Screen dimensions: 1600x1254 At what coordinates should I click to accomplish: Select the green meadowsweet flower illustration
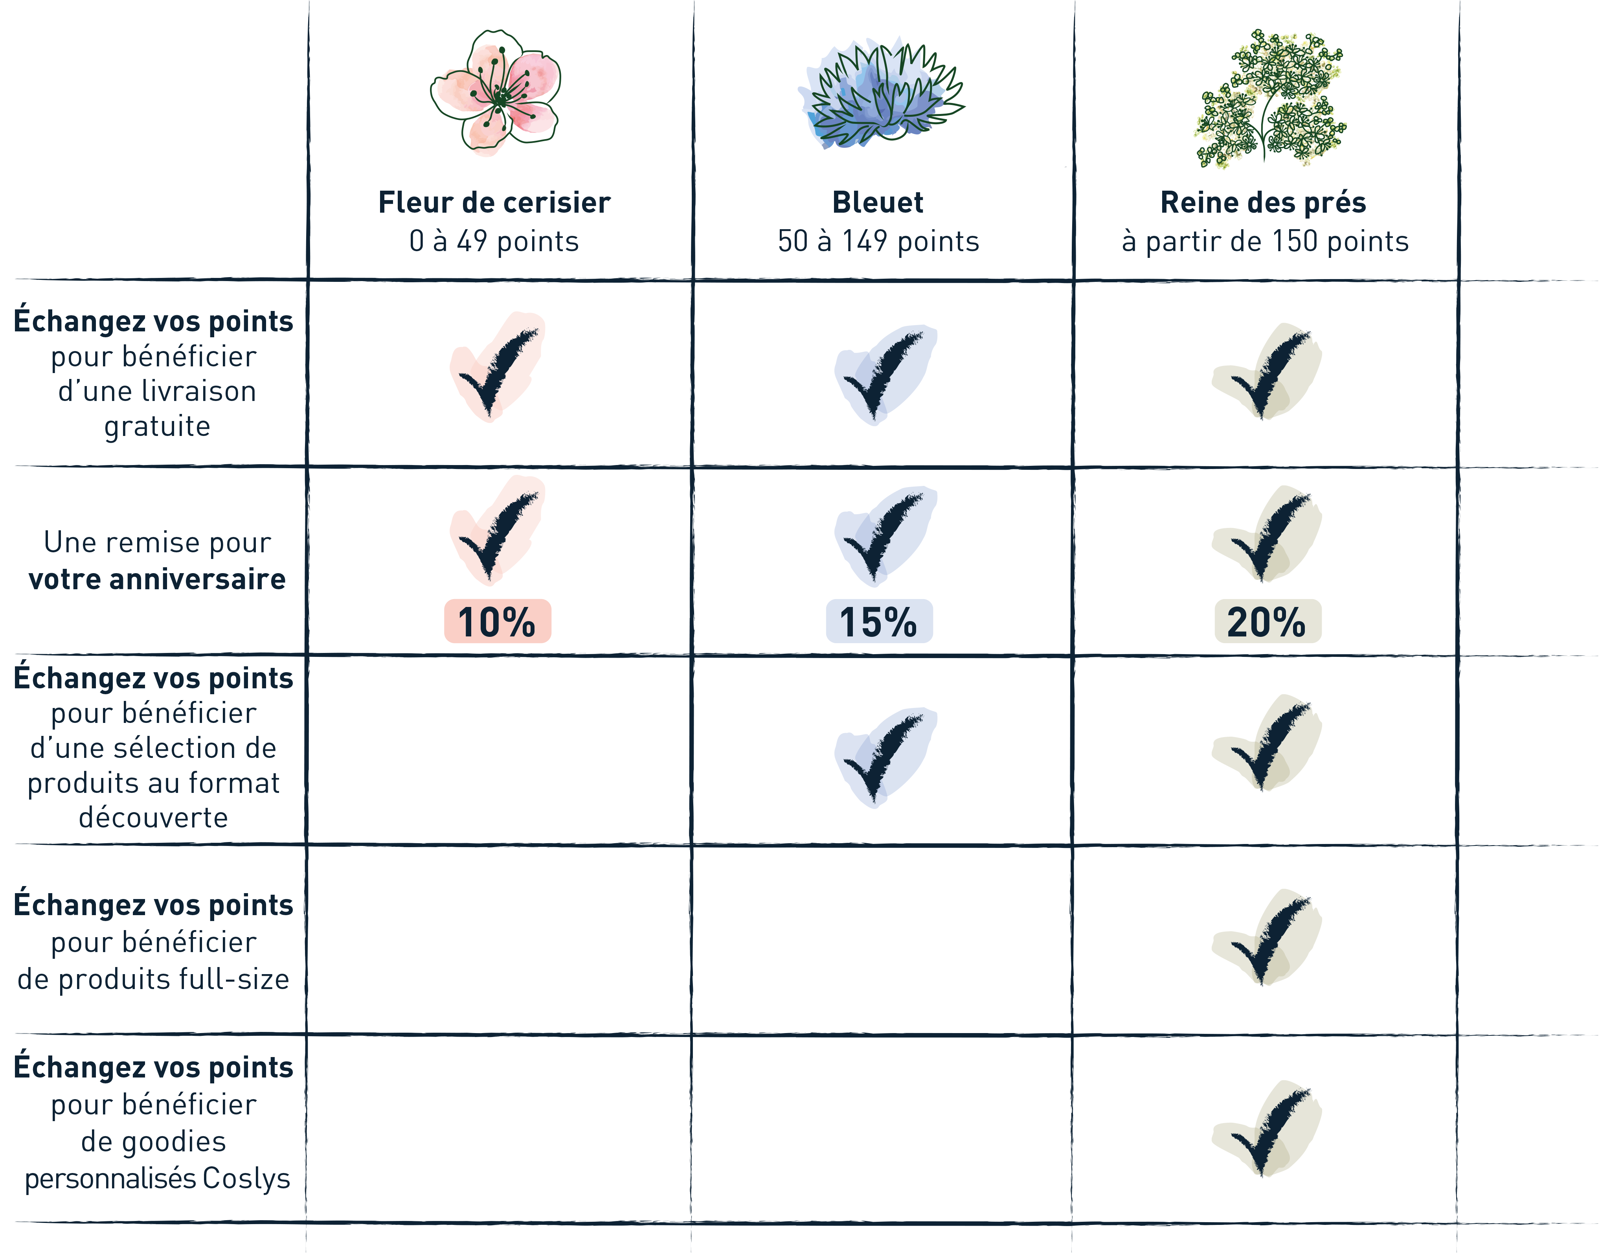click(x=1270, y=99)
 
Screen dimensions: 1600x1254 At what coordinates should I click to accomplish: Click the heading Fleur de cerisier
click(x=494, y=202)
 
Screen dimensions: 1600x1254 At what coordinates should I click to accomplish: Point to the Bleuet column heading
click(x=878, y=202)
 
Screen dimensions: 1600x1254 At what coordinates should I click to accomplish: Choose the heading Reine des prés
click(x=1263, y=202)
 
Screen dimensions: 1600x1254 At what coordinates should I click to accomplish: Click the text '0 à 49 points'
click(x=494, y=241)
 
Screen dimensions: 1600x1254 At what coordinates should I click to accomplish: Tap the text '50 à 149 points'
click(x=878, y=241)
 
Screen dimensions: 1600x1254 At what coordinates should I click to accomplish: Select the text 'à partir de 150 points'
click(x=1265, y=241)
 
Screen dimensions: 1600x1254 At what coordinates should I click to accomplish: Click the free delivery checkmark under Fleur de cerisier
click(x=498, y=367)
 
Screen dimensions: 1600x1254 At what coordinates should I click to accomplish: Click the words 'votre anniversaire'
click(x=157, y=580)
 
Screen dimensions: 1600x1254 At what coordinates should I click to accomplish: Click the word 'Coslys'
click(x=246, y=1179)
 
